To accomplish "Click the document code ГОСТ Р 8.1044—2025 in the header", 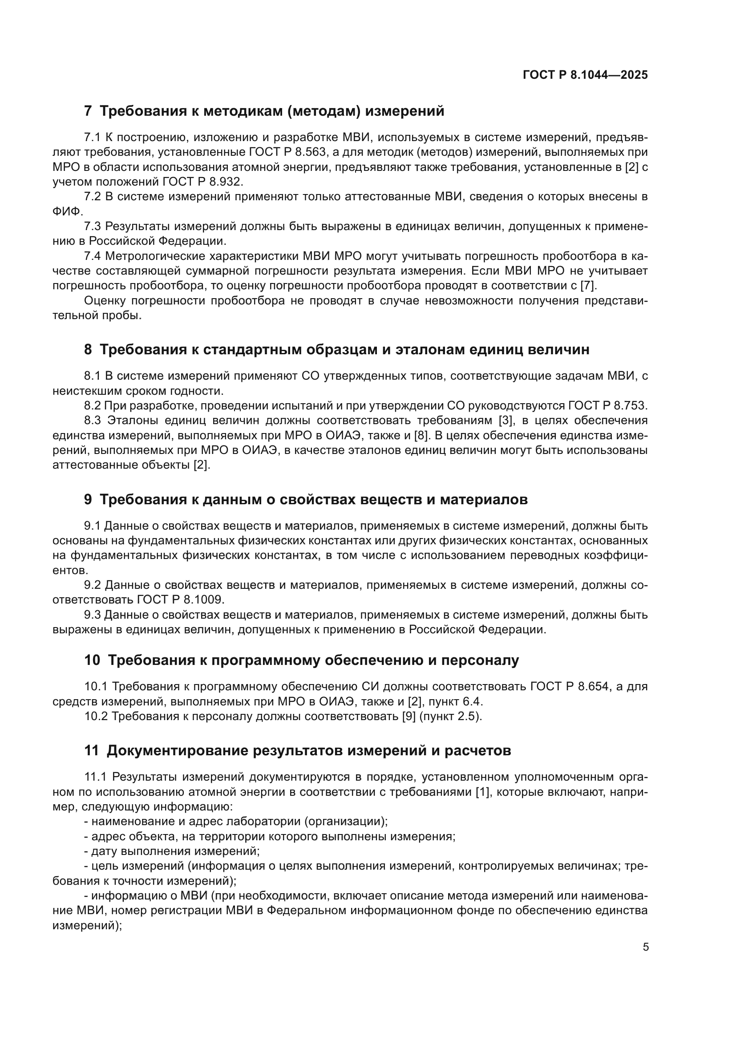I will click(585, 75).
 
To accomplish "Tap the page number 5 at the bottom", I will click(646, 947).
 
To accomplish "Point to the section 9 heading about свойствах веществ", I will click(306, 500).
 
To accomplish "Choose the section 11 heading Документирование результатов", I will click(297, 750).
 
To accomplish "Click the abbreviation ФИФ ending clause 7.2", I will click(68, 211).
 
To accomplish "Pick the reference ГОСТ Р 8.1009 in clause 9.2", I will click(180, 599).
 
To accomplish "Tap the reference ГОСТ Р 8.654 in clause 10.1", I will click(568, 686).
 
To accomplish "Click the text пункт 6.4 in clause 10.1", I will click(455, 701).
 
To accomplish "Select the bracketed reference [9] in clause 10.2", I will click(409, 717).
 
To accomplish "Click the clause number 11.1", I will click(95, 777).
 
